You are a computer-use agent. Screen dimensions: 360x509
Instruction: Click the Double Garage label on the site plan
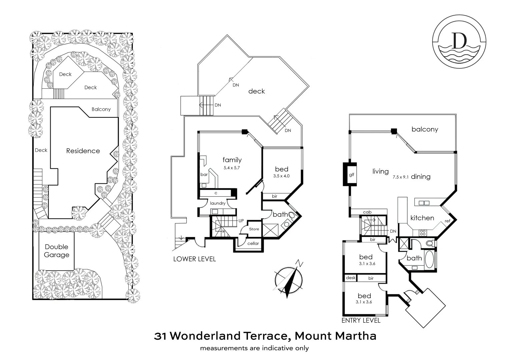click(57, 251)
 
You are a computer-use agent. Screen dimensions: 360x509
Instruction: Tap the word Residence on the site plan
click(83, 151)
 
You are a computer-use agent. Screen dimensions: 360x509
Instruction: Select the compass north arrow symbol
click(289, 278)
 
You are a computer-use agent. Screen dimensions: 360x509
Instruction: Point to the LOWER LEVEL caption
click(194, 259)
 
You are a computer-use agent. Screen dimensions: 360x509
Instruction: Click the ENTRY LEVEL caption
click(361, 320)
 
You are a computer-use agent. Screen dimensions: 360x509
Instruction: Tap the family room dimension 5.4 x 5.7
click(232, 168)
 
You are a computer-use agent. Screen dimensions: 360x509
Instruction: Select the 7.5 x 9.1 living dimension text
click(400, 177)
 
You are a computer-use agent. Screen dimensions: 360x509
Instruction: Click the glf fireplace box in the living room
click(351, 174)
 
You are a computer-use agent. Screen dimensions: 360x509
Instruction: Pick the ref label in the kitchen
click(447, 221)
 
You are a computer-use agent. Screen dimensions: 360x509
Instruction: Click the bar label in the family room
click(204, 174)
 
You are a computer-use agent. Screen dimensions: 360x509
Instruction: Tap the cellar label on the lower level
click(253, 243)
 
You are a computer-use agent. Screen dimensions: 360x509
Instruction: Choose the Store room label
click(254, 229)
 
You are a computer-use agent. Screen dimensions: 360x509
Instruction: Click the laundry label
click(218, 203)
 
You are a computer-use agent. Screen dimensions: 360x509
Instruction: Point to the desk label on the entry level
click(351, 278)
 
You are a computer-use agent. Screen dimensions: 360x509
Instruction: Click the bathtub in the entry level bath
click(429, 259)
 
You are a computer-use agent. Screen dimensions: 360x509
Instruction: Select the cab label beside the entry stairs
click(367, 212)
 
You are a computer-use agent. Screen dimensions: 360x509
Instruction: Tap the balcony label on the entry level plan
click(425, 129)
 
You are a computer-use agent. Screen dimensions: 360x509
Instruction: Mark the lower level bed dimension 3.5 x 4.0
click(281, 176)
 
